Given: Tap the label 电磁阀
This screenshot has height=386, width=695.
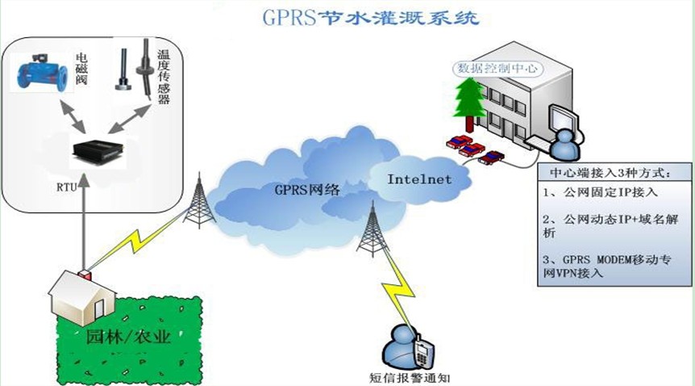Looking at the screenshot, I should (x=81, y=71).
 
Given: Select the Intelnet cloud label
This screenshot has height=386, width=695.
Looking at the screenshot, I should (x=419, y=178).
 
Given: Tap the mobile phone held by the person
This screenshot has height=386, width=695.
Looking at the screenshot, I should (x=422, y=351).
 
